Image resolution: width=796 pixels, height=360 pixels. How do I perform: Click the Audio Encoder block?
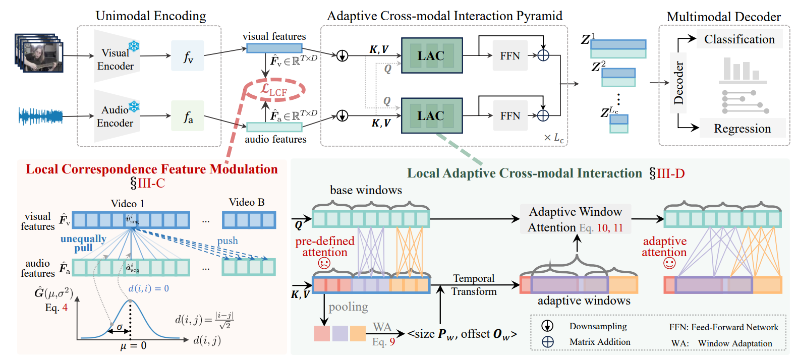[116, 116]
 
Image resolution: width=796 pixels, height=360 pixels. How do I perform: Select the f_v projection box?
[188, 56]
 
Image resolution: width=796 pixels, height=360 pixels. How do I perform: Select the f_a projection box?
[188, 116]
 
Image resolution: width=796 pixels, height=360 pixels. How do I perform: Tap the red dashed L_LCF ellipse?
[274, 91]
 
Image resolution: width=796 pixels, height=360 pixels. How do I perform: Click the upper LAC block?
[432, 55]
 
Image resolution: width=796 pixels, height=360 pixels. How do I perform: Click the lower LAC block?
[432, 115]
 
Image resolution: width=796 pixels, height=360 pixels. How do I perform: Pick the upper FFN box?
[510, 56]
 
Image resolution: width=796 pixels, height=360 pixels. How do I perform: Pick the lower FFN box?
[510, 116]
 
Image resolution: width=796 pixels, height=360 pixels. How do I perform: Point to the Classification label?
[739, 39]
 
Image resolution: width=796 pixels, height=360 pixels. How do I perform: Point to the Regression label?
[742, 129]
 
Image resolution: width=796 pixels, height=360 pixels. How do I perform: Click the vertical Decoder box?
[678, 83]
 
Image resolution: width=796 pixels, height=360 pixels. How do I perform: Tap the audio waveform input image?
[40, 116]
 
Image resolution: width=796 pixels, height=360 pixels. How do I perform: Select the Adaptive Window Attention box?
[576, 219]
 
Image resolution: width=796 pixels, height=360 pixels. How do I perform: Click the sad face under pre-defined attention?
[324, 263]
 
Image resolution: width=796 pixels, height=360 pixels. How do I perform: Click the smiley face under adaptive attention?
[669, 263]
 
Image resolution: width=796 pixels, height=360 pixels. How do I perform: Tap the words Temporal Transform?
[474, 285]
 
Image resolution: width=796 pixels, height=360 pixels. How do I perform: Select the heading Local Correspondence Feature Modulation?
[151, 169]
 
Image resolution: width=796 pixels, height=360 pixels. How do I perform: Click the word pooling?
[348, 307]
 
